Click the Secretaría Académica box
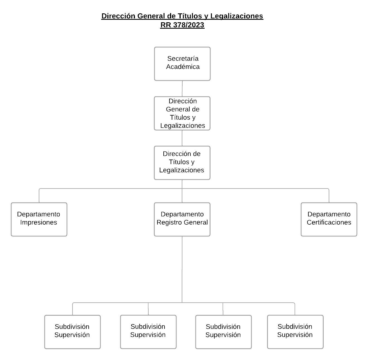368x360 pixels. pos(182,64)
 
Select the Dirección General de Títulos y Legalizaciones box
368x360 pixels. pos(182,113)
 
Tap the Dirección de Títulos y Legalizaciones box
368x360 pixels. pos(182,163)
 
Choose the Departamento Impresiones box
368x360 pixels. pos(39,219)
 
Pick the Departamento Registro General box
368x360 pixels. pos(182,219)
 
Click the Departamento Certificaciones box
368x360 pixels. pos(329,219)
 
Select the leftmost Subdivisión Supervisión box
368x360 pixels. pos(72,332)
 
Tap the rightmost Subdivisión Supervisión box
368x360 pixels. pos(295,332)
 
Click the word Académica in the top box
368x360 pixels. pos(183,67)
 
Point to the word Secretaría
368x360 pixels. pos(183,59)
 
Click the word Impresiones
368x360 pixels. pos(38,222)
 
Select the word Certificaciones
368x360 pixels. pos(329,222)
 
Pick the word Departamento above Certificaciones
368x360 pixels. pos(329,214)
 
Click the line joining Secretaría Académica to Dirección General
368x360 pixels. pos(182,89)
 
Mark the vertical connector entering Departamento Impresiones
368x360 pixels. pos(39,196)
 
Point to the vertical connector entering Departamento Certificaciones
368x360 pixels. pos(329,196)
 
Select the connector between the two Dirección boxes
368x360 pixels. pos(182,138)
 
